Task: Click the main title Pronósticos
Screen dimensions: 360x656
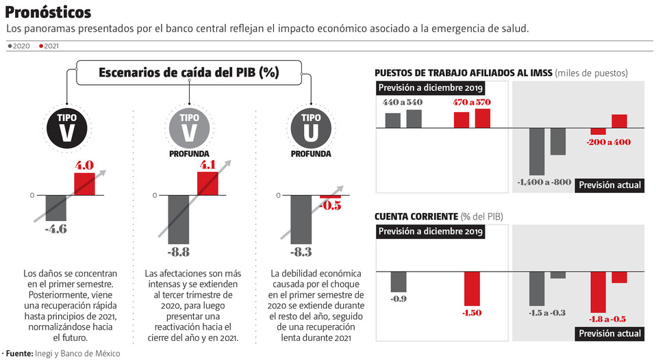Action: [48, 12]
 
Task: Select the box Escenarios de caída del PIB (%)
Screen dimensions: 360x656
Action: [188, 73]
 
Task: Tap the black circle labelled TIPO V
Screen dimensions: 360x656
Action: [66, 128]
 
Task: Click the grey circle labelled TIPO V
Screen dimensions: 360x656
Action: [189, 127]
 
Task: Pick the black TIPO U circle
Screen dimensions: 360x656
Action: [310, 128]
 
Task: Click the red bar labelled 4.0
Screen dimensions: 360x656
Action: [84, 184]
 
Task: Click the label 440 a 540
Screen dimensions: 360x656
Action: [403, 102]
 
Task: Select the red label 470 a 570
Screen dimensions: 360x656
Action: [472, 102]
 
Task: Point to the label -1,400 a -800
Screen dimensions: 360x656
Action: [544, 182]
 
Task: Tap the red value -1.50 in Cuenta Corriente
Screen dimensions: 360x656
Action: [472, 312]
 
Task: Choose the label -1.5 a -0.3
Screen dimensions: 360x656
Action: [546, 312]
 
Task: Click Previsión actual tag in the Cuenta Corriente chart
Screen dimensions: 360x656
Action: [609, 333]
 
